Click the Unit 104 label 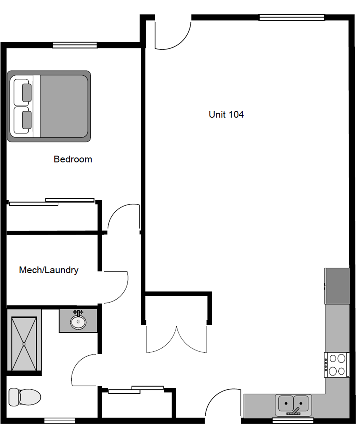tap(226, 114)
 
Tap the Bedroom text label tap(73, 159)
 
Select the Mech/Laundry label tap(49, 270)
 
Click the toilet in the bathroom tap(25, 397)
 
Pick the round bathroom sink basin tap(78, 322)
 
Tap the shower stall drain tap(24, 344)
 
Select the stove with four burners tap(337, 365)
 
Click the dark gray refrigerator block tap(337, 286)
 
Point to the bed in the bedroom tap(49, 106)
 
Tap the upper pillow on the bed tap(27, 93)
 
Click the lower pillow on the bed tap(27, 120)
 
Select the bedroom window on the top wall tap(75, 45)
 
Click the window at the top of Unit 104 tap(292, 17)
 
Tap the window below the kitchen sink tap(293, 421)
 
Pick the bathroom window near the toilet tap(60, 421)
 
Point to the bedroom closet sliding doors tap(52, 202)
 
